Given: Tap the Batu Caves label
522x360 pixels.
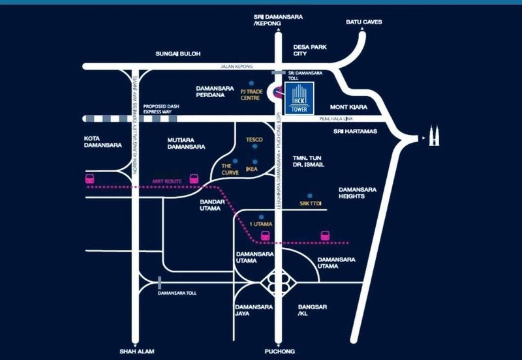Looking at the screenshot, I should pos(363,22).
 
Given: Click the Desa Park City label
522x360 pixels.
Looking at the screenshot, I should pos(309,50).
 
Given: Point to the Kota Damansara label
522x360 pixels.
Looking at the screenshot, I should pos(100,142).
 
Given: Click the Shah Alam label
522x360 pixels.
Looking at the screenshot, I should pos(134,350).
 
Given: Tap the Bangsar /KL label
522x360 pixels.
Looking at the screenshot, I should pos(311,309).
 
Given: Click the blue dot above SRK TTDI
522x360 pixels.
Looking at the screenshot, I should pos(311,195).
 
